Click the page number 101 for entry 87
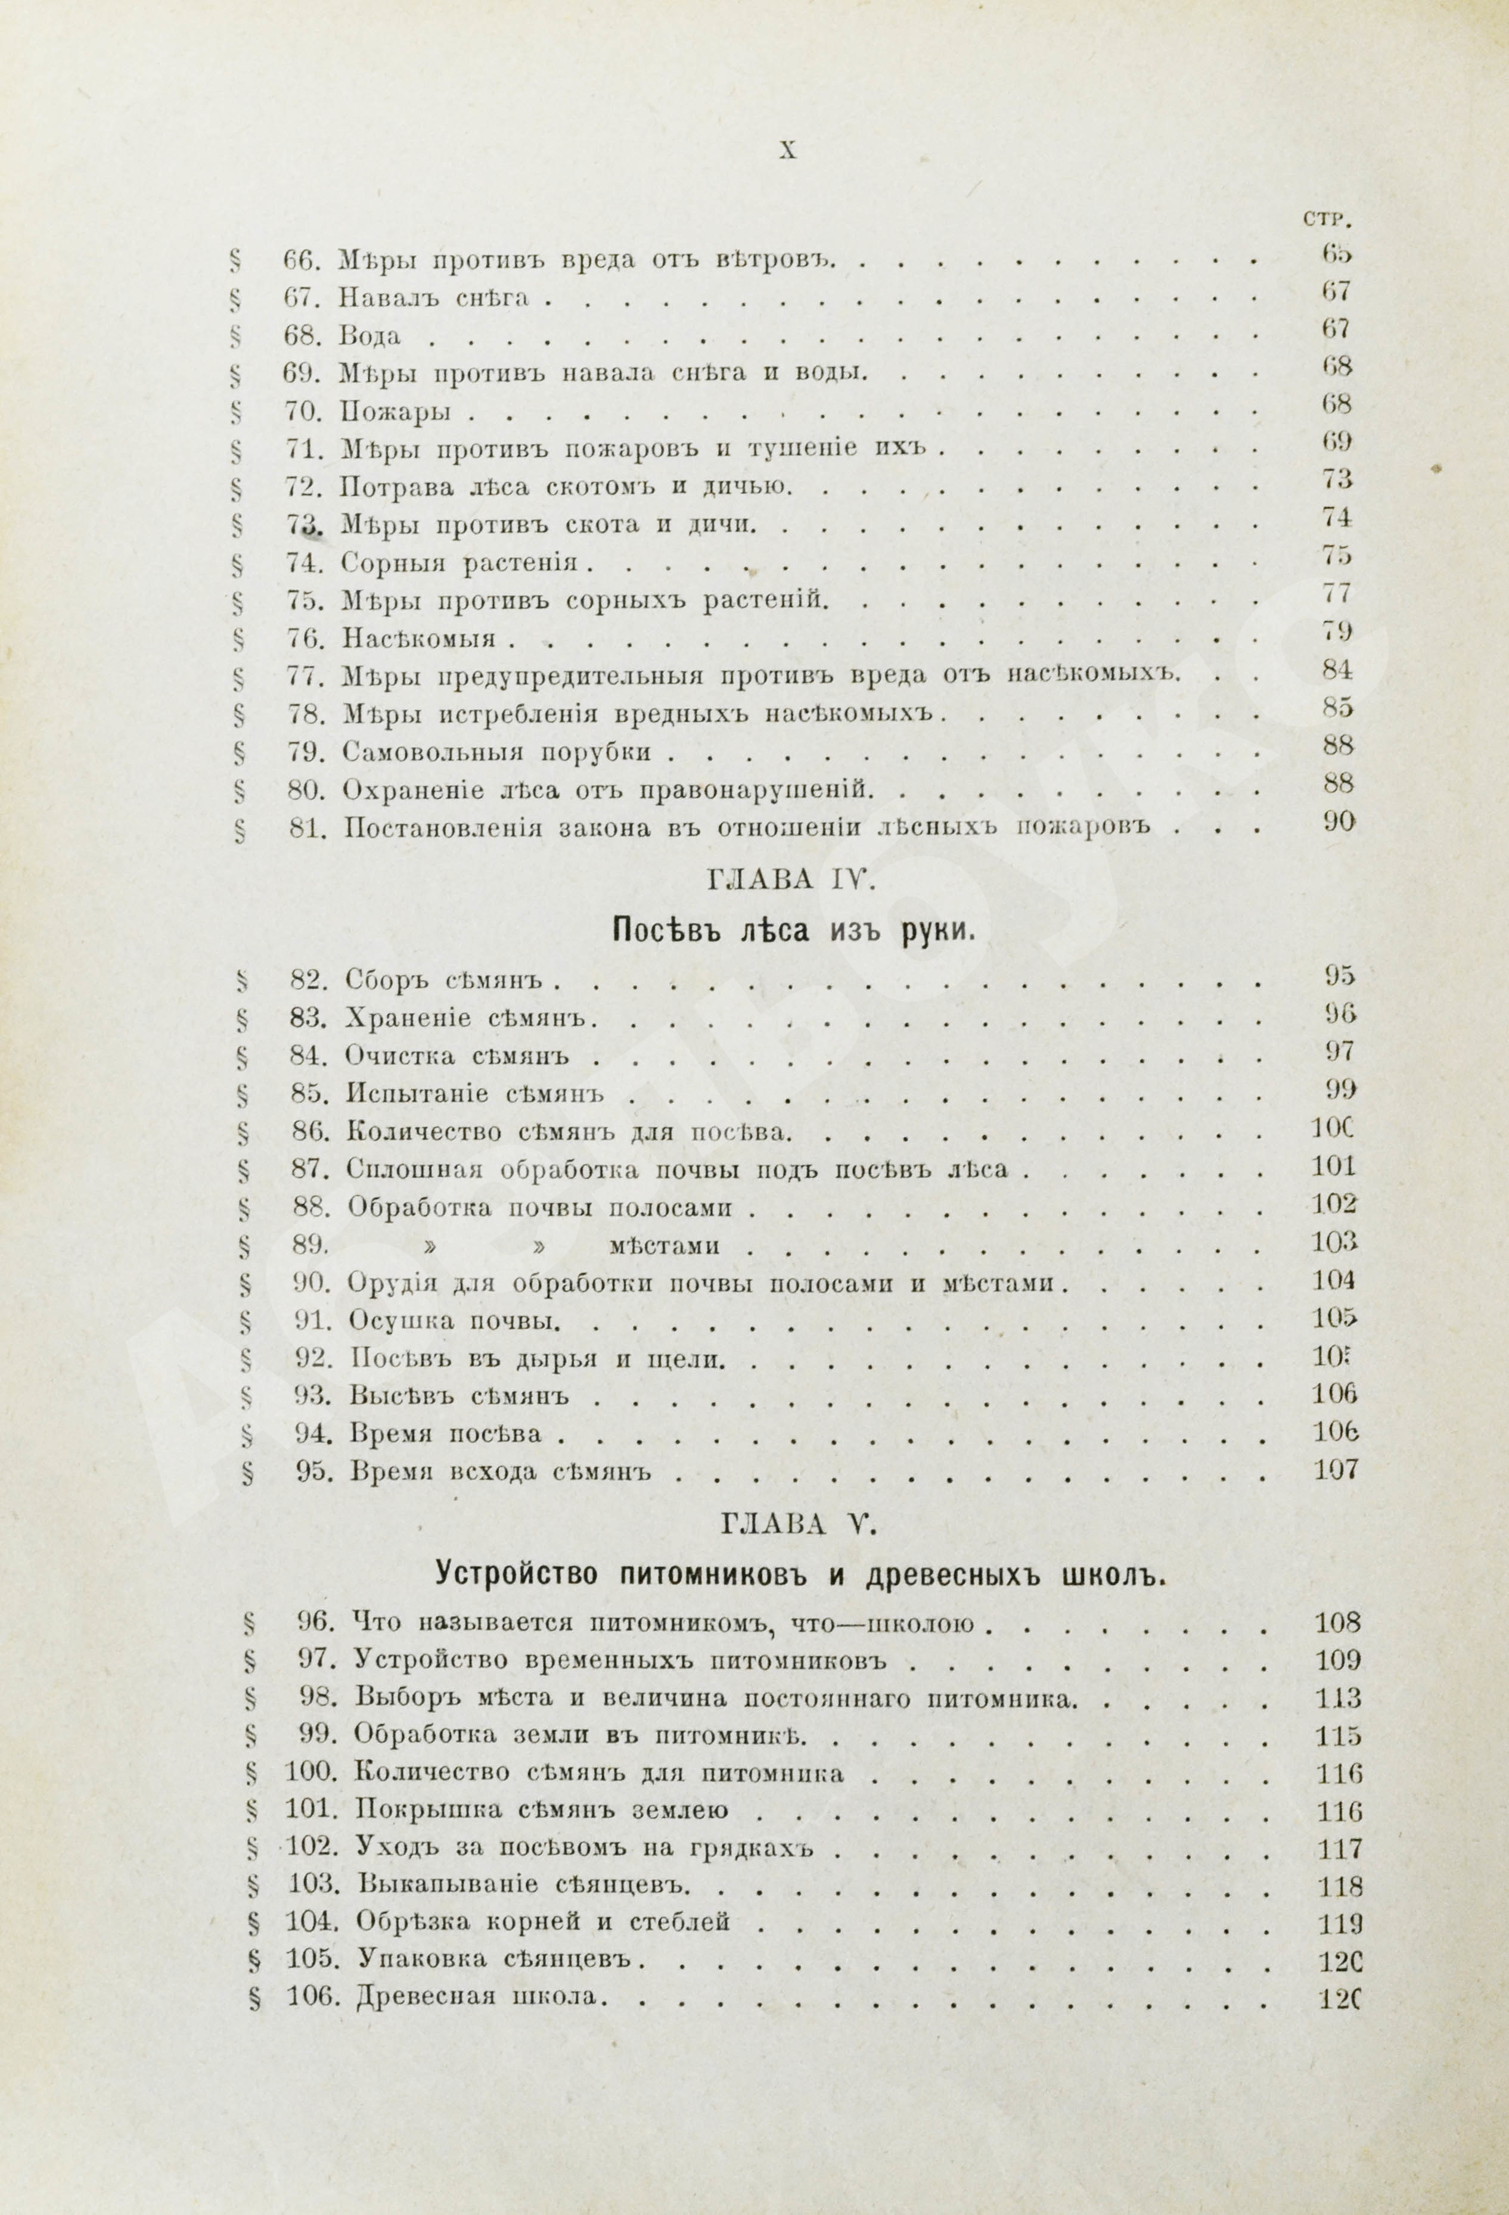pos(1334,1166)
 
